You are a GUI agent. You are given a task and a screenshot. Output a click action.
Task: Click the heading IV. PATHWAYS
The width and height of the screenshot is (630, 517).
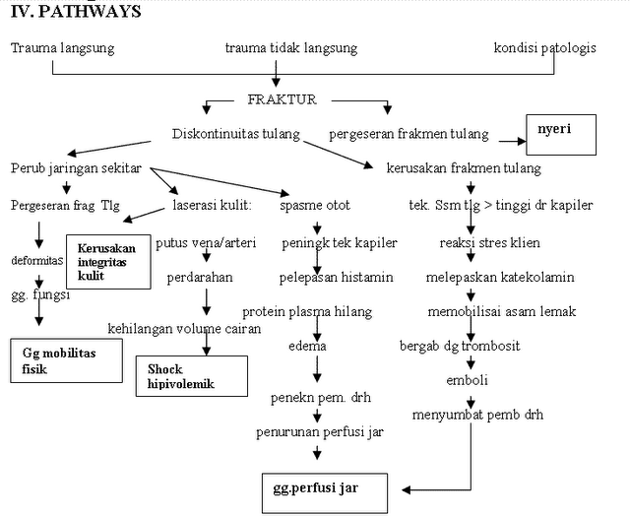tap(73, 12)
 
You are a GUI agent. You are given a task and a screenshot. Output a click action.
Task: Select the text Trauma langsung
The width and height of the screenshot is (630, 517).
tap(62, 48)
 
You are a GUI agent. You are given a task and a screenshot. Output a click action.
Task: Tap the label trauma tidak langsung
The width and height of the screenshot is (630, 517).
tap(290, 48)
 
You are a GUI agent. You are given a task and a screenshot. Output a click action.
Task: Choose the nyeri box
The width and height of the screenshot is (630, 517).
tap(561, 136)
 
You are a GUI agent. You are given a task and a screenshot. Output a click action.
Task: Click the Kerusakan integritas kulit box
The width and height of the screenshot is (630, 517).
tap(107, 262)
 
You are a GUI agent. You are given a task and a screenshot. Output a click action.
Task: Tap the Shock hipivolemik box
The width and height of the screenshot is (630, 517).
tap(191, 375)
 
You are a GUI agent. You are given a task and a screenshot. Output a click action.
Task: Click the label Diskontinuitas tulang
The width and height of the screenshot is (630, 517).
tap(235, 135)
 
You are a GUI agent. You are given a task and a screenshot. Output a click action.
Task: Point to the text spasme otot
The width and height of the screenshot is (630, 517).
tap(315, 206)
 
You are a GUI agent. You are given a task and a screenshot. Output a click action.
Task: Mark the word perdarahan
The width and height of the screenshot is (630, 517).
tap(200, 277)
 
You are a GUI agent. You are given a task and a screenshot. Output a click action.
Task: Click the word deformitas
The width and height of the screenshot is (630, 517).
tap(37, 261)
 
